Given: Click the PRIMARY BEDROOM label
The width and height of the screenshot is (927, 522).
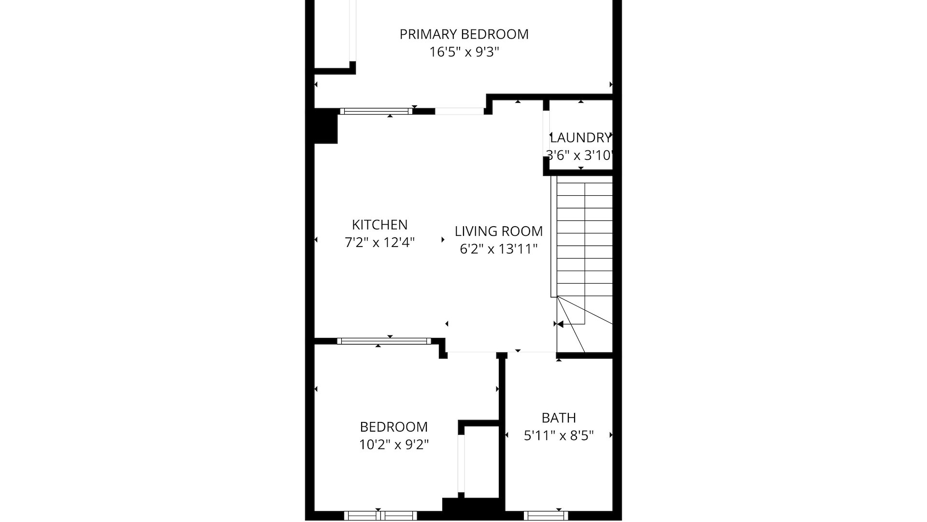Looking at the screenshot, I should pyautogui.click(x=464, y=34).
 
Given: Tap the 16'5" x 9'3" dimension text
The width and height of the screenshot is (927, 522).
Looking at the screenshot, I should pyautogui.click(x=464, y=52).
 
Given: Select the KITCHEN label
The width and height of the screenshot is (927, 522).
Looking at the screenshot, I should pyautogui.click(x=379, y=225).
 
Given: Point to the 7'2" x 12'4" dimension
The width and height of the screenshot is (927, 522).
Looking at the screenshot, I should pyautogui.click(x=379, y=243).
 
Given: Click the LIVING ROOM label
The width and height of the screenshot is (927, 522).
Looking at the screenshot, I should pyautogui.click(x=498, y=232).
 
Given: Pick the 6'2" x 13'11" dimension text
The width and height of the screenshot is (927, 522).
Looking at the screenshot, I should pyautogui.click(x=498, y=249).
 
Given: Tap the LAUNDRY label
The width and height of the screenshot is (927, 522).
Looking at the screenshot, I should pyautogui.click(x=580, y=138).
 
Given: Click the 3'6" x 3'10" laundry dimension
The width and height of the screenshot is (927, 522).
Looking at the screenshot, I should pyautogui.click(x=579, y=156).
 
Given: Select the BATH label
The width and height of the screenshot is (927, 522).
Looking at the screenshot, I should pyautogui.click(x=559, y=418).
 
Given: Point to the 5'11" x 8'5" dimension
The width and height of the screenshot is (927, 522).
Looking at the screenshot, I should pyautogui.click(x=559, y=436).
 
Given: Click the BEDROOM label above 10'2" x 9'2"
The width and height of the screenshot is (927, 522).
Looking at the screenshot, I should pyautogui.click(x=394, y=427).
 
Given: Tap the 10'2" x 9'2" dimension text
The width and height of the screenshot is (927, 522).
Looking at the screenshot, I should pyautogui.click(x=394, y=445).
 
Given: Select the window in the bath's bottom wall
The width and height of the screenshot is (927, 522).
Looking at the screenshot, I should pyautogui.click(x=546, y=516).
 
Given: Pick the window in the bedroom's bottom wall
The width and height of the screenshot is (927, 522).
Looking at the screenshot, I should pyautogui.click(x=380, y=516).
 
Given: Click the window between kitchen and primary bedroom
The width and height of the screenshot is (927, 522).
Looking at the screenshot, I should pyautogui.click(x=376, y=111).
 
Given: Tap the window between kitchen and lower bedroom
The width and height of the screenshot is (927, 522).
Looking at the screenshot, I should pyautogui.click(x=384, y=341).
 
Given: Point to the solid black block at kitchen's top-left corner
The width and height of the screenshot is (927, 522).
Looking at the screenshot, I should pyautogui.click(x=325, y=126).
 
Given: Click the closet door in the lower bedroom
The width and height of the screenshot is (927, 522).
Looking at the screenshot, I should pyautogui.click(x=461, y=464).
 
